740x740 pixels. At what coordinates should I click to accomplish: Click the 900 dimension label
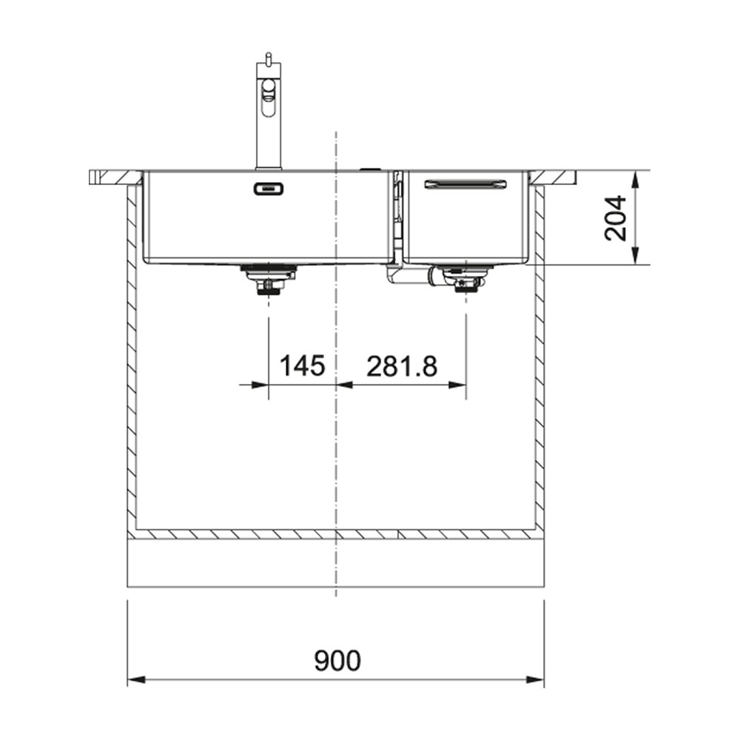(337, 661)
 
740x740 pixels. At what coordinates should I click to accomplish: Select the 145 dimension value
(302, 366)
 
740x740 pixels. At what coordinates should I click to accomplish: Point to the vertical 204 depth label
(616, 218)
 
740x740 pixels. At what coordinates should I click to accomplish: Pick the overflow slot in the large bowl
(269, 189)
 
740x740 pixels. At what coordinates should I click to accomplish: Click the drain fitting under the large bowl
(268, 280)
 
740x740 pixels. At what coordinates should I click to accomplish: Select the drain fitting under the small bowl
(465, 279)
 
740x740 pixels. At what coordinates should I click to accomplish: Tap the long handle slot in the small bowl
(465, 184)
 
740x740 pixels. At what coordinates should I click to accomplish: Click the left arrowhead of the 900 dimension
(136, 680)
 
